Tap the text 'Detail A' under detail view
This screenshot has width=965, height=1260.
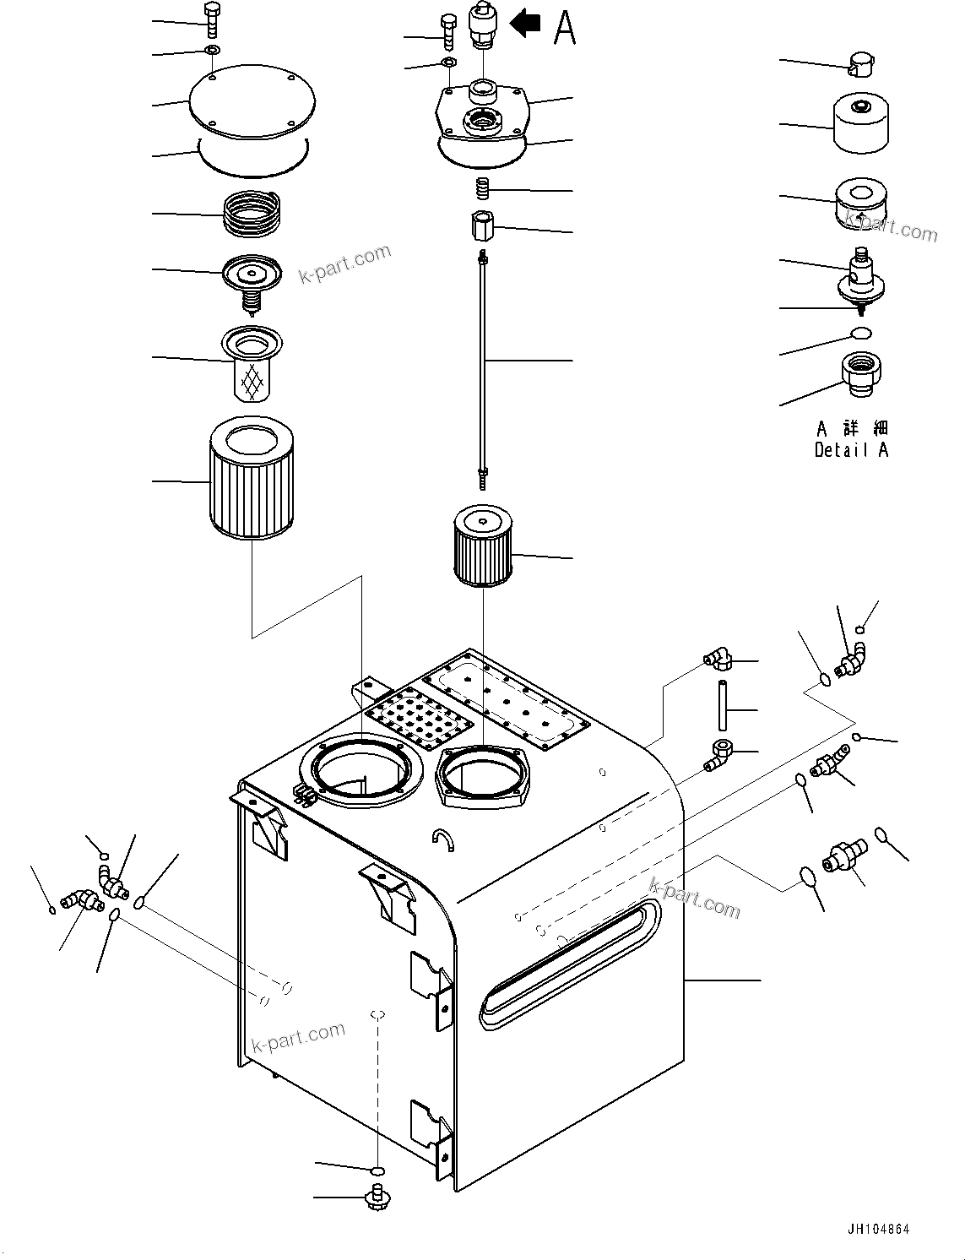[x=851, y=450]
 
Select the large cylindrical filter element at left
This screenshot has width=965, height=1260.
[x=251, y=482]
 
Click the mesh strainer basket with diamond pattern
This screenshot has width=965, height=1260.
[x=252, y=372]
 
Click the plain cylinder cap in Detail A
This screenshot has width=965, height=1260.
[x=860, y=123]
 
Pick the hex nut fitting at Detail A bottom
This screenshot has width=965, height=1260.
[x=861, y=374]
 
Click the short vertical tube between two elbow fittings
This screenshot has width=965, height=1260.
[x=724, y=705]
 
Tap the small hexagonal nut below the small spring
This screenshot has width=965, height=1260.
[x=483, y=226]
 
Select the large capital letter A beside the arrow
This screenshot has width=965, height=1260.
[x=564, y=27]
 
